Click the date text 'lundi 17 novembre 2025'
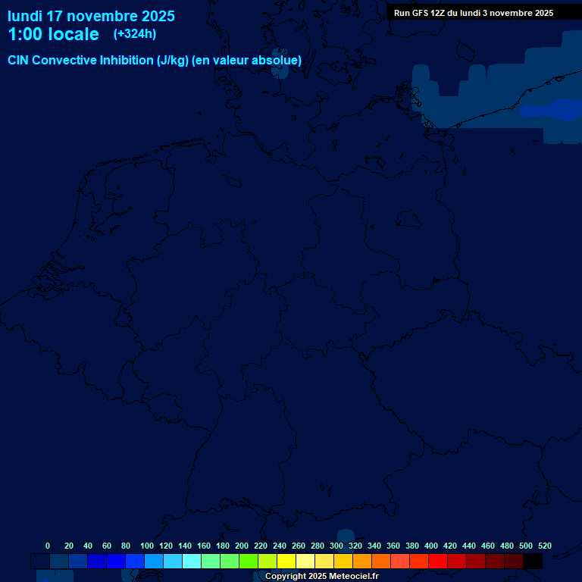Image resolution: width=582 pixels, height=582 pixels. click(91, 16)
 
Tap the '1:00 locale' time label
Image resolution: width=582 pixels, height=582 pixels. click(53, 35)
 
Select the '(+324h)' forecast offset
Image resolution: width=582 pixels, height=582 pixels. click(134, 34)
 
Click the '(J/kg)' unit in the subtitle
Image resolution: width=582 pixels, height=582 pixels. click(173, 61)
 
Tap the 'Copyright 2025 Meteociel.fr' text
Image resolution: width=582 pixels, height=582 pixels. click(321, 577)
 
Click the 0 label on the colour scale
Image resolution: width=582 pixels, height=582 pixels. click(48, 546)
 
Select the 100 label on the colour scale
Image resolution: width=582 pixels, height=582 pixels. click(147, 546)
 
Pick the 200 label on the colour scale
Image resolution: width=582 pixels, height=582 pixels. click(242, 546)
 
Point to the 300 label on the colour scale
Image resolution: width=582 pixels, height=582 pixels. click(336, 546)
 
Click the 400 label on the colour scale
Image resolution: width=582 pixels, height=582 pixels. click(431, 546)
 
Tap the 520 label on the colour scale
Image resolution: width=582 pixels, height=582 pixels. click(545, 546)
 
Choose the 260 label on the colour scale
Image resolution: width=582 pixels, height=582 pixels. click(299, 546)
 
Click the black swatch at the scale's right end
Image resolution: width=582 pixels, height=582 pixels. click(533, 562)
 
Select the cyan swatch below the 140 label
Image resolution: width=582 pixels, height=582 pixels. click(192, 562)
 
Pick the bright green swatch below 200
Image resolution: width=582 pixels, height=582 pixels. click(249, 562)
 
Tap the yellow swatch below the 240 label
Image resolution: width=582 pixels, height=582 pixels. click(286, 562)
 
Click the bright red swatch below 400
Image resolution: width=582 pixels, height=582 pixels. click(438, 562)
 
